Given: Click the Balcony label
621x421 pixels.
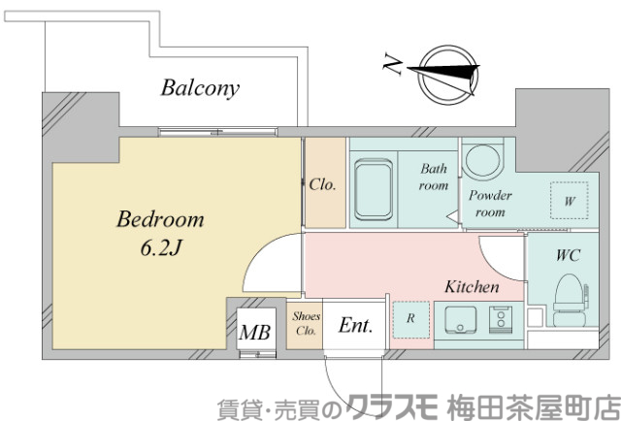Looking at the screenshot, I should [200, 89].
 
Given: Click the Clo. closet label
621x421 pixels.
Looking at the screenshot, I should [323, 184].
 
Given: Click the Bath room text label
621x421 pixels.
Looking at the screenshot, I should [434, 178].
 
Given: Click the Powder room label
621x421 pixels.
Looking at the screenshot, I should [491, 202].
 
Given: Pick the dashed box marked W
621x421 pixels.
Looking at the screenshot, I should [568, 202].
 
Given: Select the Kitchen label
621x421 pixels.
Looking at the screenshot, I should [472, 287].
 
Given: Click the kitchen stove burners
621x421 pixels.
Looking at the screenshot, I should [502, 319].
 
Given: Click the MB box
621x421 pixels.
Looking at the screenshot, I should [255, 332].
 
